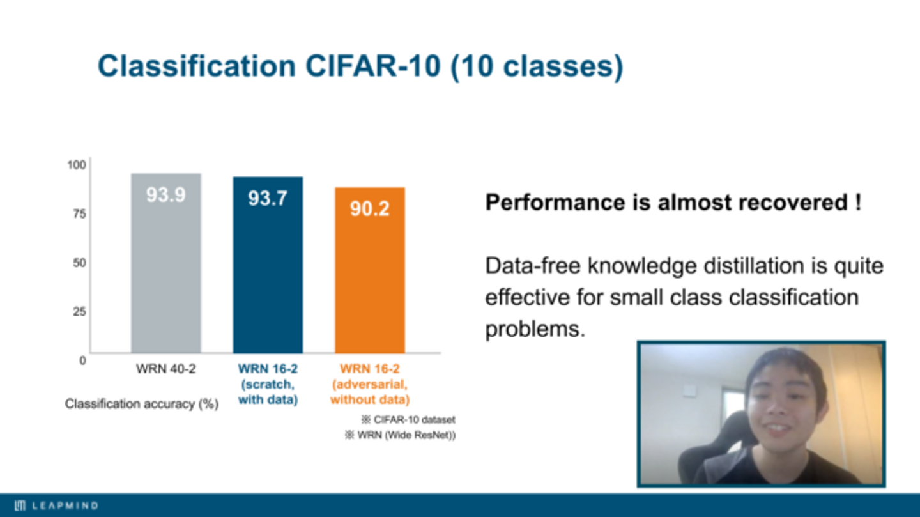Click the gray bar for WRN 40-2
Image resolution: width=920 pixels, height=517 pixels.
(166, 263)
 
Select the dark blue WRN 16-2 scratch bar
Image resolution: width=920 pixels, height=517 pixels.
(268, 265)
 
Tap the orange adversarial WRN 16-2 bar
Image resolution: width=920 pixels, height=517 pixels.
(370, 270)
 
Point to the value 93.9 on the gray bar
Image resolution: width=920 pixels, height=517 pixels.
(166, 195)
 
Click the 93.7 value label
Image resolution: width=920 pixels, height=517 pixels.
(268, 199)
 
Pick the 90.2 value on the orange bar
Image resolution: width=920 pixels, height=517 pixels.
(370, 209)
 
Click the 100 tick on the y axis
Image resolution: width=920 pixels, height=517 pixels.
(77, 165)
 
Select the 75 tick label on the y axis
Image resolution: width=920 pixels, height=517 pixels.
(80, 213)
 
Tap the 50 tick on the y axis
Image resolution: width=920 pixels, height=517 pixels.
(80, 263)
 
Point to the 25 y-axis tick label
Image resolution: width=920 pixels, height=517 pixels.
(80, 311)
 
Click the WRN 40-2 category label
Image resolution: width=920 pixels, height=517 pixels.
(166, 369)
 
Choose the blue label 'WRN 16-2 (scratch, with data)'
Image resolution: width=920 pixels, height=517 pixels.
(268, 384)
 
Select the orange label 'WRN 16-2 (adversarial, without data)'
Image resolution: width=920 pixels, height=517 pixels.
(370, 384)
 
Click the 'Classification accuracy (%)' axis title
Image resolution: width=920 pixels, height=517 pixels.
(142, 404)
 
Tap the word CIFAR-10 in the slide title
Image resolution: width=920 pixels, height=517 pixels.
(373, 66)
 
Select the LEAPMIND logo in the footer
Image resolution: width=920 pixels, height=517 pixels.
(56, 505)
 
